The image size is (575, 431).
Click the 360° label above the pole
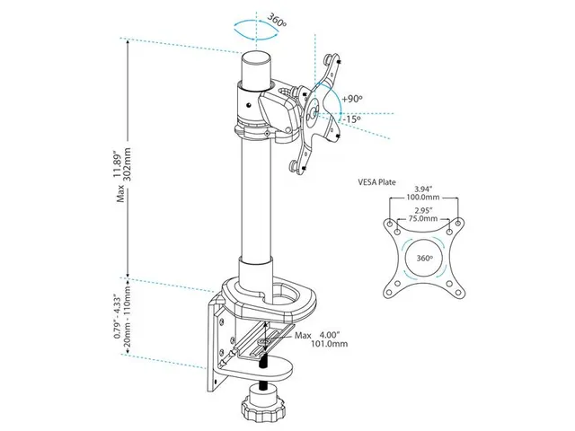click(277, 20)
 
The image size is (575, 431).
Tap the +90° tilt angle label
click(352, 99)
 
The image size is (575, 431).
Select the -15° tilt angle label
click(352, 119)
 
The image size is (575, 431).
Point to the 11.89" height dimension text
click(117, 163)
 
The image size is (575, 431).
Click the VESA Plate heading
click(377, 181)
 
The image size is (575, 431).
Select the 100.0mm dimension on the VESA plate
click(423, 198)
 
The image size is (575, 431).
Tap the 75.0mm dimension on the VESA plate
click(423, 218)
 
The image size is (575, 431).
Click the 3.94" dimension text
click(423, 189)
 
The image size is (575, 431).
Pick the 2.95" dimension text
click(423, 210)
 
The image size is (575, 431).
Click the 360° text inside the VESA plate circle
click(425, 258)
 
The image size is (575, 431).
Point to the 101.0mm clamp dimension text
click(330, 344)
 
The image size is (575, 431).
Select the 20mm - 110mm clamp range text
click(128, 317)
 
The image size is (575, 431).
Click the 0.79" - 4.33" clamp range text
click(117, 317)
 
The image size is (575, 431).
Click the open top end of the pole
click(256, 58)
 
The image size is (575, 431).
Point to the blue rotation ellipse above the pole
click(256, 29)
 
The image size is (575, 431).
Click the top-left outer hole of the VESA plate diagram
click(389, 224)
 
